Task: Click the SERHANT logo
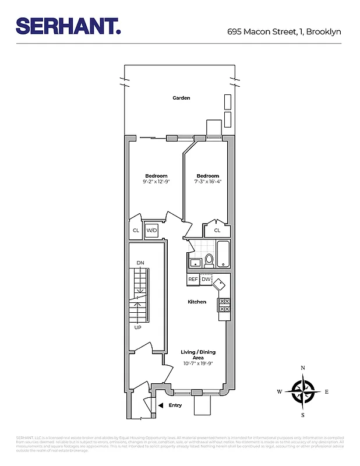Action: (x=68, y=26)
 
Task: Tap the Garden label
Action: (x=181, y=98)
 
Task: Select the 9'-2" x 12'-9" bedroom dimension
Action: (x=156, y=182)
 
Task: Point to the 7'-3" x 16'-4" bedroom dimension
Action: (x=207, y=182)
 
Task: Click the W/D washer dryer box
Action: (x=151, y=231)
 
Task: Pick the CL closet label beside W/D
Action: (x=136, y=231)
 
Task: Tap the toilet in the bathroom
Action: (x=209, y=260)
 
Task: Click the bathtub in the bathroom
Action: (x=224, y=255)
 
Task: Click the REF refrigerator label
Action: (x=193, y=280)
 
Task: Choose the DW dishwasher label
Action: (x=206, y=280)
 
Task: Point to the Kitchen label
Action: (x=197, y=302)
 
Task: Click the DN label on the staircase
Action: (x=140, y=263)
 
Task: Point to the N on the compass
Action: (x=303, y=368)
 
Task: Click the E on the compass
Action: (x=327, y=391)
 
